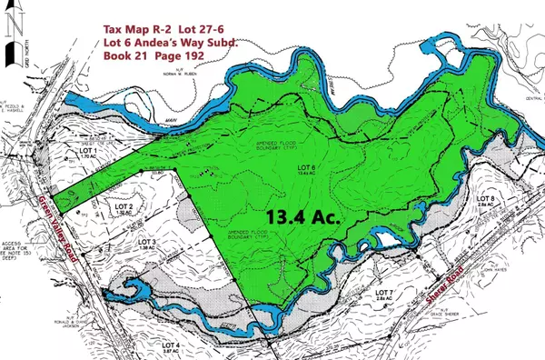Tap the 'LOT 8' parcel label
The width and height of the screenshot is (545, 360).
486,199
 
